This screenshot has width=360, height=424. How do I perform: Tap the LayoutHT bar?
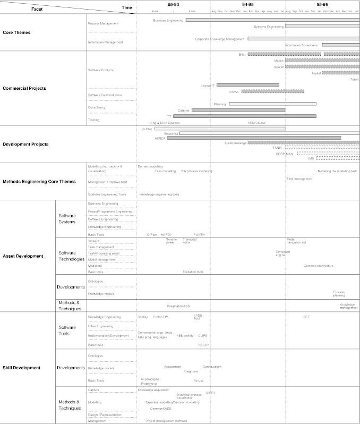(x=247, y=85)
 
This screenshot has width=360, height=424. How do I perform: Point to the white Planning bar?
(x=272, y=104)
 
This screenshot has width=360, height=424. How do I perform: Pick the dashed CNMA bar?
(x=272, y=91)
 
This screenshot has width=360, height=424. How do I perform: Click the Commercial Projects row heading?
(x=24, y=88)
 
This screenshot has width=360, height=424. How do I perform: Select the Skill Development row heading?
(x=21, y=368)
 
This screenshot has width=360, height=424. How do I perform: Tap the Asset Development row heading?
(x=23, y=256)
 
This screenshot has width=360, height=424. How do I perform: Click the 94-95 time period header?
(x=247, y=4)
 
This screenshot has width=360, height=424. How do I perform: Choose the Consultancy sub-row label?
(x=97, y=108)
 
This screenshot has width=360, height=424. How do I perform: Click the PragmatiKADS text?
(x=178, y=306)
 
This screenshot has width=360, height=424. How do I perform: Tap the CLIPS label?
(x=202, y=335)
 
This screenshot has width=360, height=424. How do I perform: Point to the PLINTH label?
(x=199, y=234)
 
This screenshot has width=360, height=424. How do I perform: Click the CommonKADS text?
(x=160, y=409)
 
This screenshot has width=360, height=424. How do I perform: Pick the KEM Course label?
(x=256, y=123)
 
